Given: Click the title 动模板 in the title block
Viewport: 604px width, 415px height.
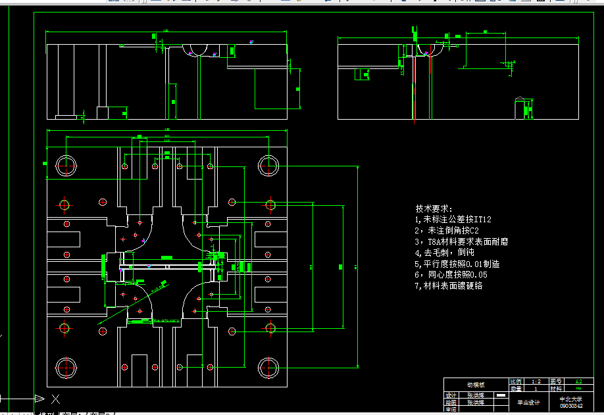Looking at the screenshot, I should [x=476, y=385].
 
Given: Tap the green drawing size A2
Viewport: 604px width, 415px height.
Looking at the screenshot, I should [x=578, y=381].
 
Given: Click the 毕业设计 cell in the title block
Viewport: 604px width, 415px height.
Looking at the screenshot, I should [x=528, y=402].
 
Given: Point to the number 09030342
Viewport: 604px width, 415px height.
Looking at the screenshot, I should [x=570, y=406].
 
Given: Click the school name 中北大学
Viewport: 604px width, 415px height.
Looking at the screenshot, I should [x=570, y=399].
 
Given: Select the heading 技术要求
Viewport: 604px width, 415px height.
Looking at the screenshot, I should [x=434, y=208].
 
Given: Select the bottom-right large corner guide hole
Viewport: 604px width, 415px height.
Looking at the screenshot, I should [x=269, y=366].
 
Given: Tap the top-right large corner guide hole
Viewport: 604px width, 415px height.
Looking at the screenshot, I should [x=269, y=164].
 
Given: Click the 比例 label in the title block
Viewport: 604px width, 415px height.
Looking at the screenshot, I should [x=516, y=381].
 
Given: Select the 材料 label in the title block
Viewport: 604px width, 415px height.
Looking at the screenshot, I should [x=557, y=389].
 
